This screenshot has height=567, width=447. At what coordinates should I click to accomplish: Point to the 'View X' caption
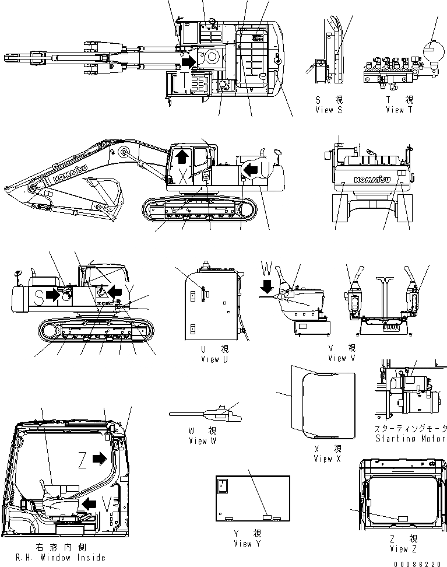[331, 459]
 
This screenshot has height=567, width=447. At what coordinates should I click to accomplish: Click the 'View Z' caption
[399, 549]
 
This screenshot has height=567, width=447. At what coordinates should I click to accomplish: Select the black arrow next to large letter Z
[100, 460]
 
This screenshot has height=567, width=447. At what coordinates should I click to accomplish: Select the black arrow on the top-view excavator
[188, 61]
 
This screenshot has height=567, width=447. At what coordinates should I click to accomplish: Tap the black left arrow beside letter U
[251, 169]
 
